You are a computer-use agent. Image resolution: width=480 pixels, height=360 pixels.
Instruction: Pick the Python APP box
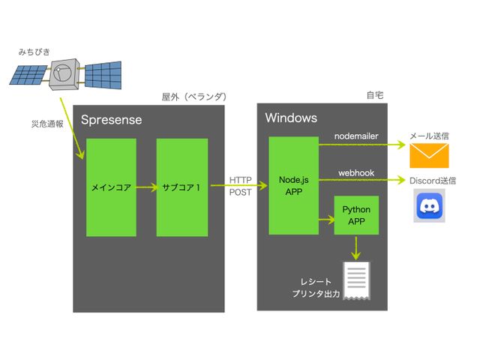click(x=356, y=214)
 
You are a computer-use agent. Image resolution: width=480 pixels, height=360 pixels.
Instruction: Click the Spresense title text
click(x=111, y=120)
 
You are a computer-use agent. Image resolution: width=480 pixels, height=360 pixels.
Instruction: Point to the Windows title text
click(x=292, y=118)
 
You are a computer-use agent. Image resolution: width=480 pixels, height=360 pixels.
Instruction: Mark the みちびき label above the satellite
click(x=34, y=52)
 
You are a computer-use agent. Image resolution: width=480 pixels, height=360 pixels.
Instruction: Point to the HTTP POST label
click(x=241, y=187)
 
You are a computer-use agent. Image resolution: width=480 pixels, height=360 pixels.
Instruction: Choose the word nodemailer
click(x=356, y=136)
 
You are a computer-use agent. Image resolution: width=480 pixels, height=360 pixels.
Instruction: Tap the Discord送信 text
click(x=433, y=180)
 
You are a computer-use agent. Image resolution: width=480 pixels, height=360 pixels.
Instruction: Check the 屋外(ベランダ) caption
click(x=194, y=97)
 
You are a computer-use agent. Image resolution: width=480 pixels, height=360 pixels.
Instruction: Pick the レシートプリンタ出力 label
click(x=315, y=288)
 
